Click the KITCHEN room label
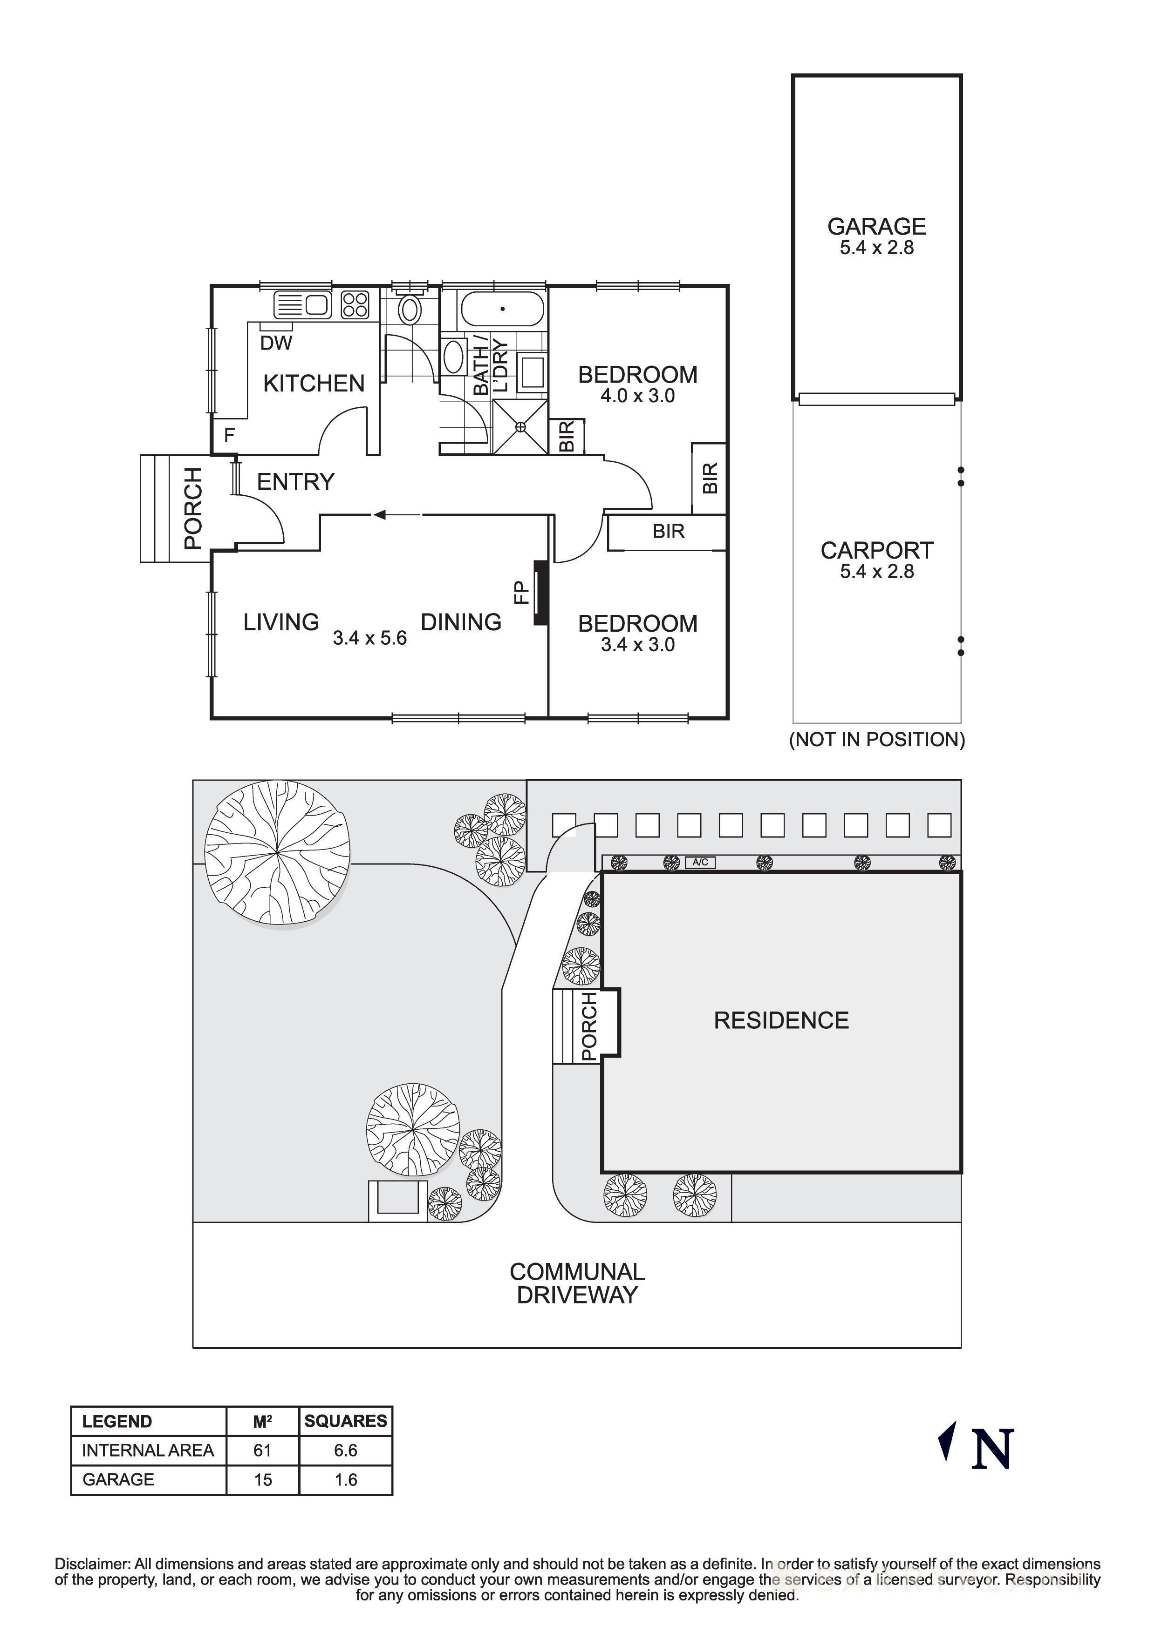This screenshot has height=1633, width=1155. point(314,384)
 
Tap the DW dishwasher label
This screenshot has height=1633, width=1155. point(276,344)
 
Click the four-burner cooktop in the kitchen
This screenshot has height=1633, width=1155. point(355,305)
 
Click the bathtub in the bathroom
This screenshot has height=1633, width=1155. point(502,309)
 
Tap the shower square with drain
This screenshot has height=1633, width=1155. point(520,427)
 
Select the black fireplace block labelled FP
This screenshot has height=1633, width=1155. point(541,593)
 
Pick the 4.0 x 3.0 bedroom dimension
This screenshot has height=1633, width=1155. point(638,396)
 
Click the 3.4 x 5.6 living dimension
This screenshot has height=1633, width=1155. point(369,638)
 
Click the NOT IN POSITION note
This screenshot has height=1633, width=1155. point(877,740)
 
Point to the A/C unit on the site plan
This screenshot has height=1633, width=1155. point(699,863)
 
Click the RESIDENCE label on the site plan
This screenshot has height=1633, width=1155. point(781,1020)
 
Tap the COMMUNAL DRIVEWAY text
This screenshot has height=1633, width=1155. point(577,1283)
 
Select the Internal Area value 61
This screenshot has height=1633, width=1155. point(263,1450)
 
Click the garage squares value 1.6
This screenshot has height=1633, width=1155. point(345,1480)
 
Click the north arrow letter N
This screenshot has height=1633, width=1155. point(992,1450)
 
